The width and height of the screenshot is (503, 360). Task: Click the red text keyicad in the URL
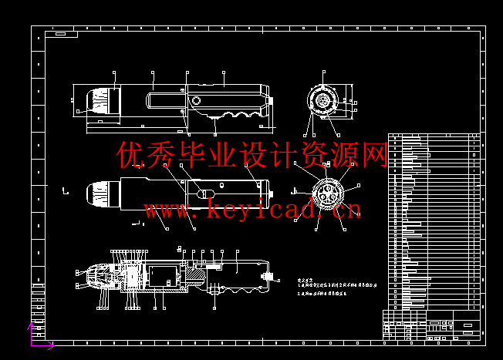[x=252, y=209]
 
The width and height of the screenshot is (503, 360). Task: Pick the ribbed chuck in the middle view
[x=96, y=195]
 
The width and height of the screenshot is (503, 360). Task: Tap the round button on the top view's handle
[x=196, y=101]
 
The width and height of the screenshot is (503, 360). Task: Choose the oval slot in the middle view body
[x=205, y=193]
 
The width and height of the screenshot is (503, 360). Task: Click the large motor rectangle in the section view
[x=163, y=275]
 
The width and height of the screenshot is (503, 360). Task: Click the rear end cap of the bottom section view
[x=268, y=275]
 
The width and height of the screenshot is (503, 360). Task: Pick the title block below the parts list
[x=435, y=324]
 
